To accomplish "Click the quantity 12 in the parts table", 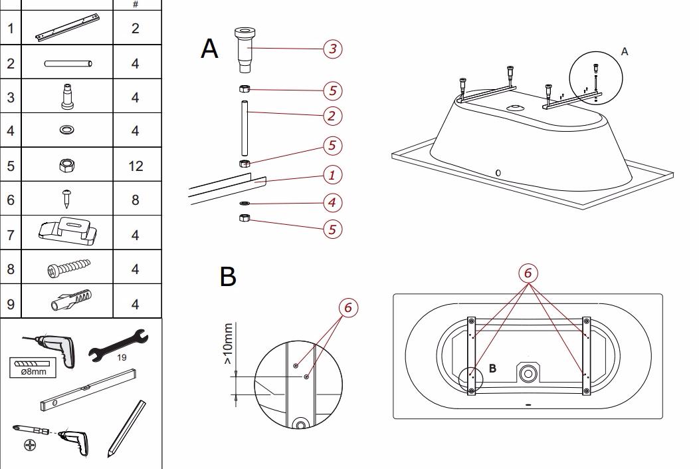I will [x=136, y=166].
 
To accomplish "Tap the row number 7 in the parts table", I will [x=10, y=235].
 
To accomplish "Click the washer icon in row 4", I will [x=67, y=130].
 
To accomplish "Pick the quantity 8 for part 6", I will [x=136, y=200].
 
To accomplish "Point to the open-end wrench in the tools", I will [x=118, y=345].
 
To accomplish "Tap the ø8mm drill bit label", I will [x=33, y=370].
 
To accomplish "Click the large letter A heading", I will [x=209, y=49].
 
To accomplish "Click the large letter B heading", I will [x=227, y=277].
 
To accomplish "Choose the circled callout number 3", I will [x=333, y=49].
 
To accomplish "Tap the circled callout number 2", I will [x=333, y=116].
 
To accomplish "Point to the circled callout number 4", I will [x=333, y=202].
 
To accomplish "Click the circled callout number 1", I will [x=333, y=176].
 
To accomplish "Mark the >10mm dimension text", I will [x=228, y=343].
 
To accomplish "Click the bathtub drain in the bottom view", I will [x=528, y=373].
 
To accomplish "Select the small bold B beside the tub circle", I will [x=493, y=369].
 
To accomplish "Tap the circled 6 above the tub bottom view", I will [x=528, y=273].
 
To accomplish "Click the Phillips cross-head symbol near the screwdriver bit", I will [x=30, y=444].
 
